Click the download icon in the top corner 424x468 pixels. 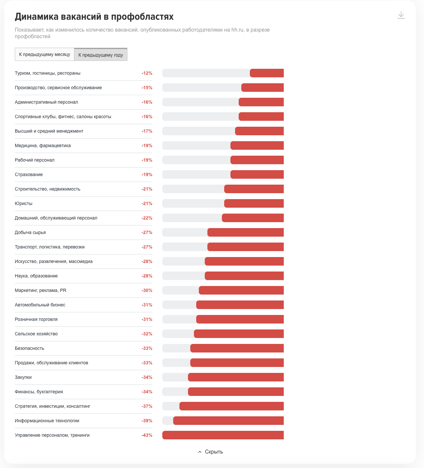click(401, 15)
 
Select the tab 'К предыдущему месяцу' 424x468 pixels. click(44, 54)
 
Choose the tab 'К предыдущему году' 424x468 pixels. click(101, 55)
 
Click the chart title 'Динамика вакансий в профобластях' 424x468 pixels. click(94, 17)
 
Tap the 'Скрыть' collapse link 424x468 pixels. click(210, 452)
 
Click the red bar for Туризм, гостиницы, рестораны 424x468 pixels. click(267, 73)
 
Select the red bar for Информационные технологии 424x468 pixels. click(228, 421)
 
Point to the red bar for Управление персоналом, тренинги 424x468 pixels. click(223, 435)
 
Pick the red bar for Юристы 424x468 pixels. click(254, 203)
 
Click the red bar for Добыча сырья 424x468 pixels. click(246, 232)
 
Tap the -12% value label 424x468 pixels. click(147, 73)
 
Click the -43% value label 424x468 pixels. click(147, 435)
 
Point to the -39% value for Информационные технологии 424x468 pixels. click(147, 421)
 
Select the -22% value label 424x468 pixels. click(147, 218)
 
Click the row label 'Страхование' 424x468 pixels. click(29, 174)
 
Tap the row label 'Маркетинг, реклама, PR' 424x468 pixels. click(40, 290)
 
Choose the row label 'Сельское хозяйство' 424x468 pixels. click(36, 334)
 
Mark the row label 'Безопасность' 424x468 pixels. click(30, 348)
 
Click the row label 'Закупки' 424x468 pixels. click(23, 377)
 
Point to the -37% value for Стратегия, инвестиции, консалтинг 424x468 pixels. click(147, 406)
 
